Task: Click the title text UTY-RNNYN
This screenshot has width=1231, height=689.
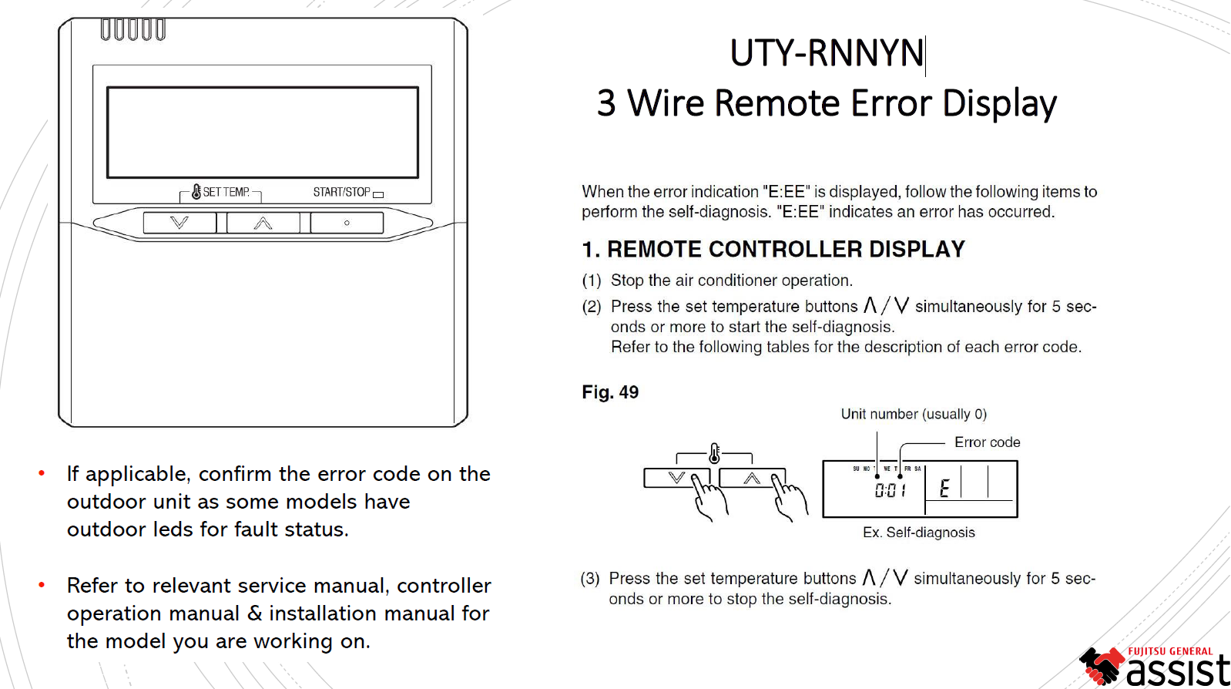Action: point(827,53)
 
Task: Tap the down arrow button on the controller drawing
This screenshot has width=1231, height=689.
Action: point(179,223)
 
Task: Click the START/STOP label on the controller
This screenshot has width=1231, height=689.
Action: point(341,192)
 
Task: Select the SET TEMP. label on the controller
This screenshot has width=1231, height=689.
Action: point(226,192)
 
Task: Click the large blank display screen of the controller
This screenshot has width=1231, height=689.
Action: point(263,133)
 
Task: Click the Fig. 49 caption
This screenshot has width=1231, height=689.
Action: point(610,392)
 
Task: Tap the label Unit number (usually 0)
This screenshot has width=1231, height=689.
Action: point(914,414)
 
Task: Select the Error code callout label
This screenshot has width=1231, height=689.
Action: point(987,442)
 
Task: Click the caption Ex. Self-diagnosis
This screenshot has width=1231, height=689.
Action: point(919,533)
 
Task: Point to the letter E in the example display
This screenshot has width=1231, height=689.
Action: point(944,488)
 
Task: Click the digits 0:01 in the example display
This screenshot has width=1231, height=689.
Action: point(890,490)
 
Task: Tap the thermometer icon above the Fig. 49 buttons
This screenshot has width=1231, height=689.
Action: point(715,453)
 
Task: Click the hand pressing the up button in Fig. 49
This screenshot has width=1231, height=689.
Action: point(790,497)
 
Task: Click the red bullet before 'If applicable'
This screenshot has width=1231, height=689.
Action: point(42,474)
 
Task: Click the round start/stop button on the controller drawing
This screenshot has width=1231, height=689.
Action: point(347,223)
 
